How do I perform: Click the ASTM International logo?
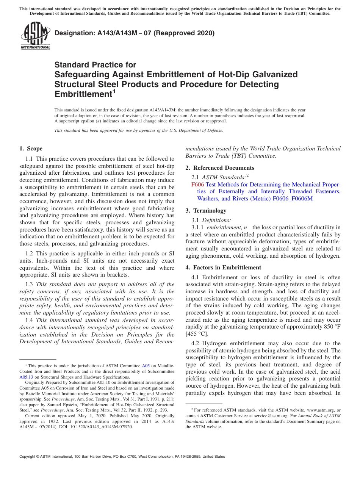(x=35, y=36)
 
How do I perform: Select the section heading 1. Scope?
(x=31, y=149)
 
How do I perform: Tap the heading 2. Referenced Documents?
(x=220, y=167)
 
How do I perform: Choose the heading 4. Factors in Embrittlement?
(x=223, y=267)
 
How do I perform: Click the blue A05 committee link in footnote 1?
(x=146, y=366)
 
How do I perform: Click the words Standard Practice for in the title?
(x=95, y=65)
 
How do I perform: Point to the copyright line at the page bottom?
(x=122, y=457)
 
